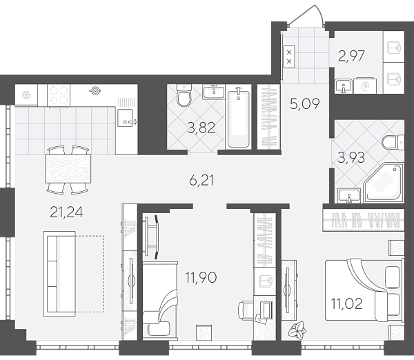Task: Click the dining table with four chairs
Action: point(68,169)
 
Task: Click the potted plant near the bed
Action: point(297,330)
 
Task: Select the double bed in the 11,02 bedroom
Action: point(364,290)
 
